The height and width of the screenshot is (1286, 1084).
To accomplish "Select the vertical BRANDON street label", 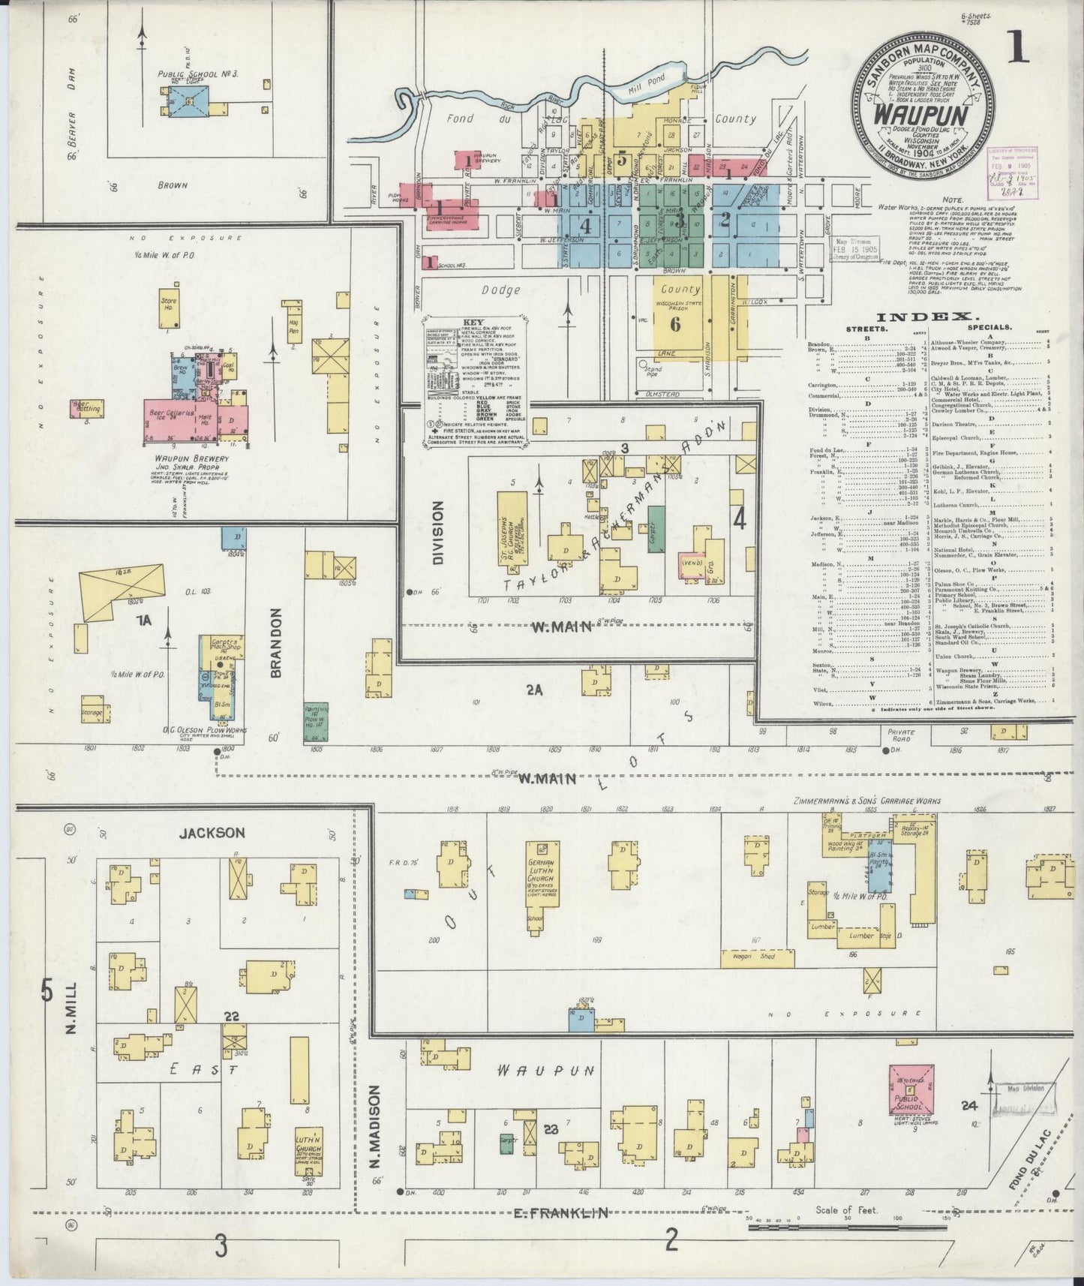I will [275, 643].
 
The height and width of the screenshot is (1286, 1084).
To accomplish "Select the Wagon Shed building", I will [757, 957].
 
